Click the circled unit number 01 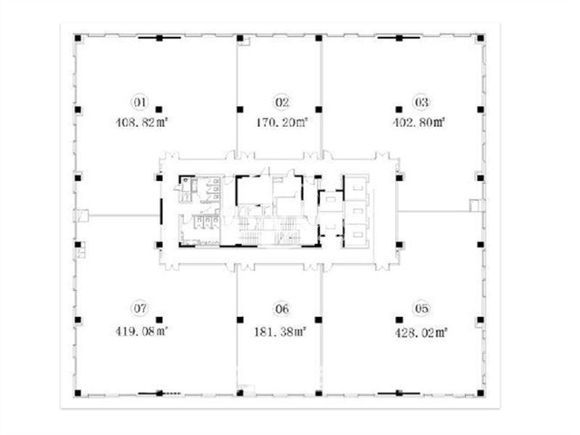(x=140, y=102)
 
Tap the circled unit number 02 (x=282, y=102)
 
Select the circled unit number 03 (x=422, y=102)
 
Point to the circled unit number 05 (x=422, y=308)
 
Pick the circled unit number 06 (x=282, y=309)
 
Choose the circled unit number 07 (x=140, y=308)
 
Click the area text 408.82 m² (x=141, y=123)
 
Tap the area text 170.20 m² (x=282, y=122)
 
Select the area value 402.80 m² (x=418, y=122)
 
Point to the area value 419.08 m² (x=141, y=331)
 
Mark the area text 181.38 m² (x=280, y=332)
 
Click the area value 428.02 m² (x=421, y=333)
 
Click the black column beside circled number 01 (x=159, y=109)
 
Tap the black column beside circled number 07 (x=159, y=320)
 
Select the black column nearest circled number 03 (x=399, y=109)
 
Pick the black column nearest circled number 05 (x=399, y=320)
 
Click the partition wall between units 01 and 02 (x=237, y=97)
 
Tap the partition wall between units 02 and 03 (x=322, y=97)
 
